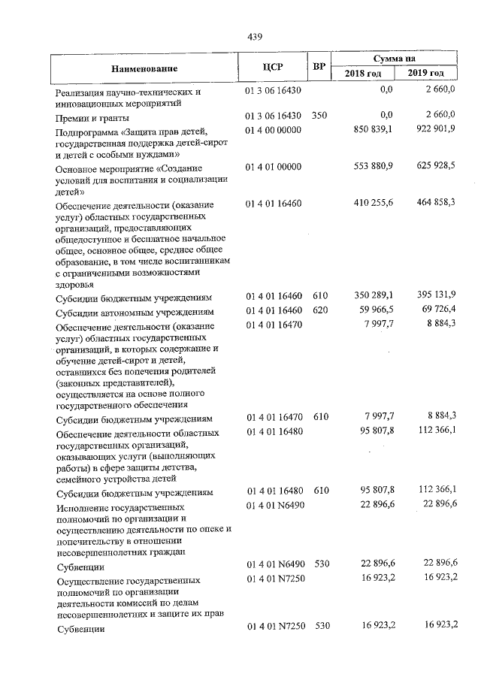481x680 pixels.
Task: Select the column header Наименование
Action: coord(144,68)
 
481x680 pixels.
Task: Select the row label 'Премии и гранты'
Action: coord(92,118)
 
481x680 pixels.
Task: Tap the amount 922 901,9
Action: coord(435,131)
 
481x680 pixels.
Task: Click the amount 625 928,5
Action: coord(435,168)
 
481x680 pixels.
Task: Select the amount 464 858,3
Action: coord(435,204)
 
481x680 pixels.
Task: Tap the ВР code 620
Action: coord(321,310)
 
